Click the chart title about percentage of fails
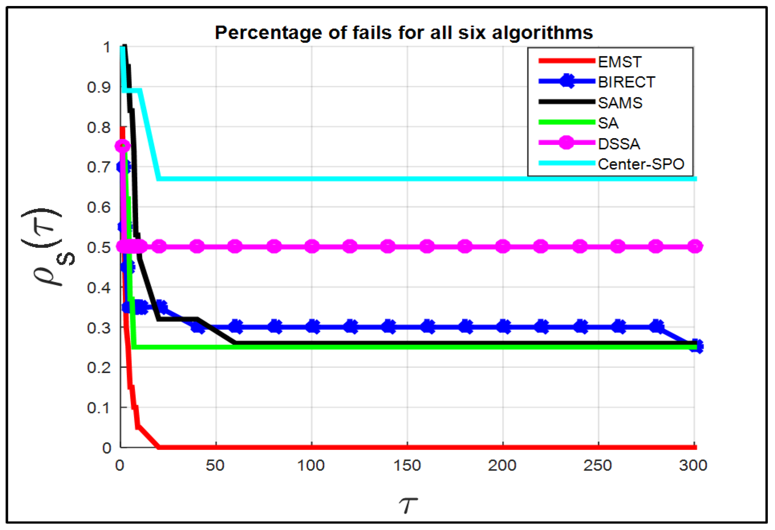coord(404,33)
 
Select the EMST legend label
coord(620,62)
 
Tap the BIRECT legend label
coord(626,82)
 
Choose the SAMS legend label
coord(620,103)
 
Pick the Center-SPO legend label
coord(641,164)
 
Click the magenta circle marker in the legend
coord(566,143)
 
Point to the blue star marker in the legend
coord(566,82)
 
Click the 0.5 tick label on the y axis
coord(99,247)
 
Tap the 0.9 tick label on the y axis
coord(99,87)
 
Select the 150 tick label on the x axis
coord(407,466)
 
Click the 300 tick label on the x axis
coord(693,466)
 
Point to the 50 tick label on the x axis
coord(215,466)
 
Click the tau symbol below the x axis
coord(408,505)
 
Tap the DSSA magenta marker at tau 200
coord(503,246)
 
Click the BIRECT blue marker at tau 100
coord(312,327)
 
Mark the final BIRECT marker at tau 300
coord(696,346)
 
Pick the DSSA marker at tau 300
coord(695,246)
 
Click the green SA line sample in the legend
coord(566,122)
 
